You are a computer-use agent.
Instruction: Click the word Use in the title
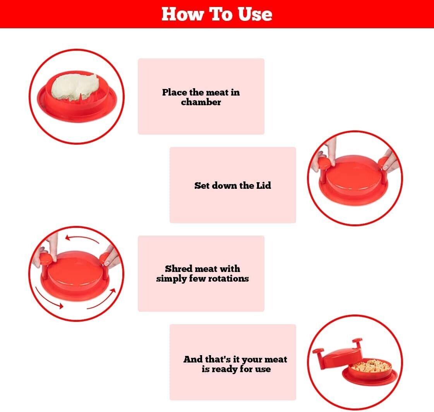pos(253,14)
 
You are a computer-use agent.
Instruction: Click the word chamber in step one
pos(201,103)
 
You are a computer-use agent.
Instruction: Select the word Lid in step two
pos(263,185)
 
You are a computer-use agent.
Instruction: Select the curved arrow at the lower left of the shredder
pos(48,297)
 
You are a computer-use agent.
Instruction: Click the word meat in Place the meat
pos(217,93)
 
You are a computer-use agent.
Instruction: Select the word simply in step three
pos(171,279)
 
